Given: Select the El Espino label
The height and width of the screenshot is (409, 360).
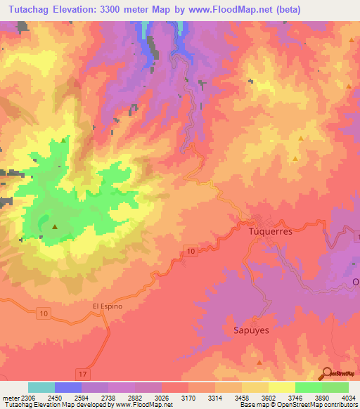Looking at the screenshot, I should coord(108,306).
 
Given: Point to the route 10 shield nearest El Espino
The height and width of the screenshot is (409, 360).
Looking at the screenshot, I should coord(44,313).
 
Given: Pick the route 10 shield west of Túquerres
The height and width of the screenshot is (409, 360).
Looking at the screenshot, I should coord(191,251).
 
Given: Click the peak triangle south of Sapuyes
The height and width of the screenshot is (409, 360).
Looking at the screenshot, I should coord(259,363).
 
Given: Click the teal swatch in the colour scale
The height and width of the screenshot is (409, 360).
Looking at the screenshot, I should coord(41,387).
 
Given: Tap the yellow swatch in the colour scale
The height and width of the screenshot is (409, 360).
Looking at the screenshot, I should coord(281,387).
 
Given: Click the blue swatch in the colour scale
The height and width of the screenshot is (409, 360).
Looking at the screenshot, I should coord(68,387).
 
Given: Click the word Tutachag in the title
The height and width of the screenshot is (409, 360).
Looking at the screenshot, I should coord(27,10).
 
